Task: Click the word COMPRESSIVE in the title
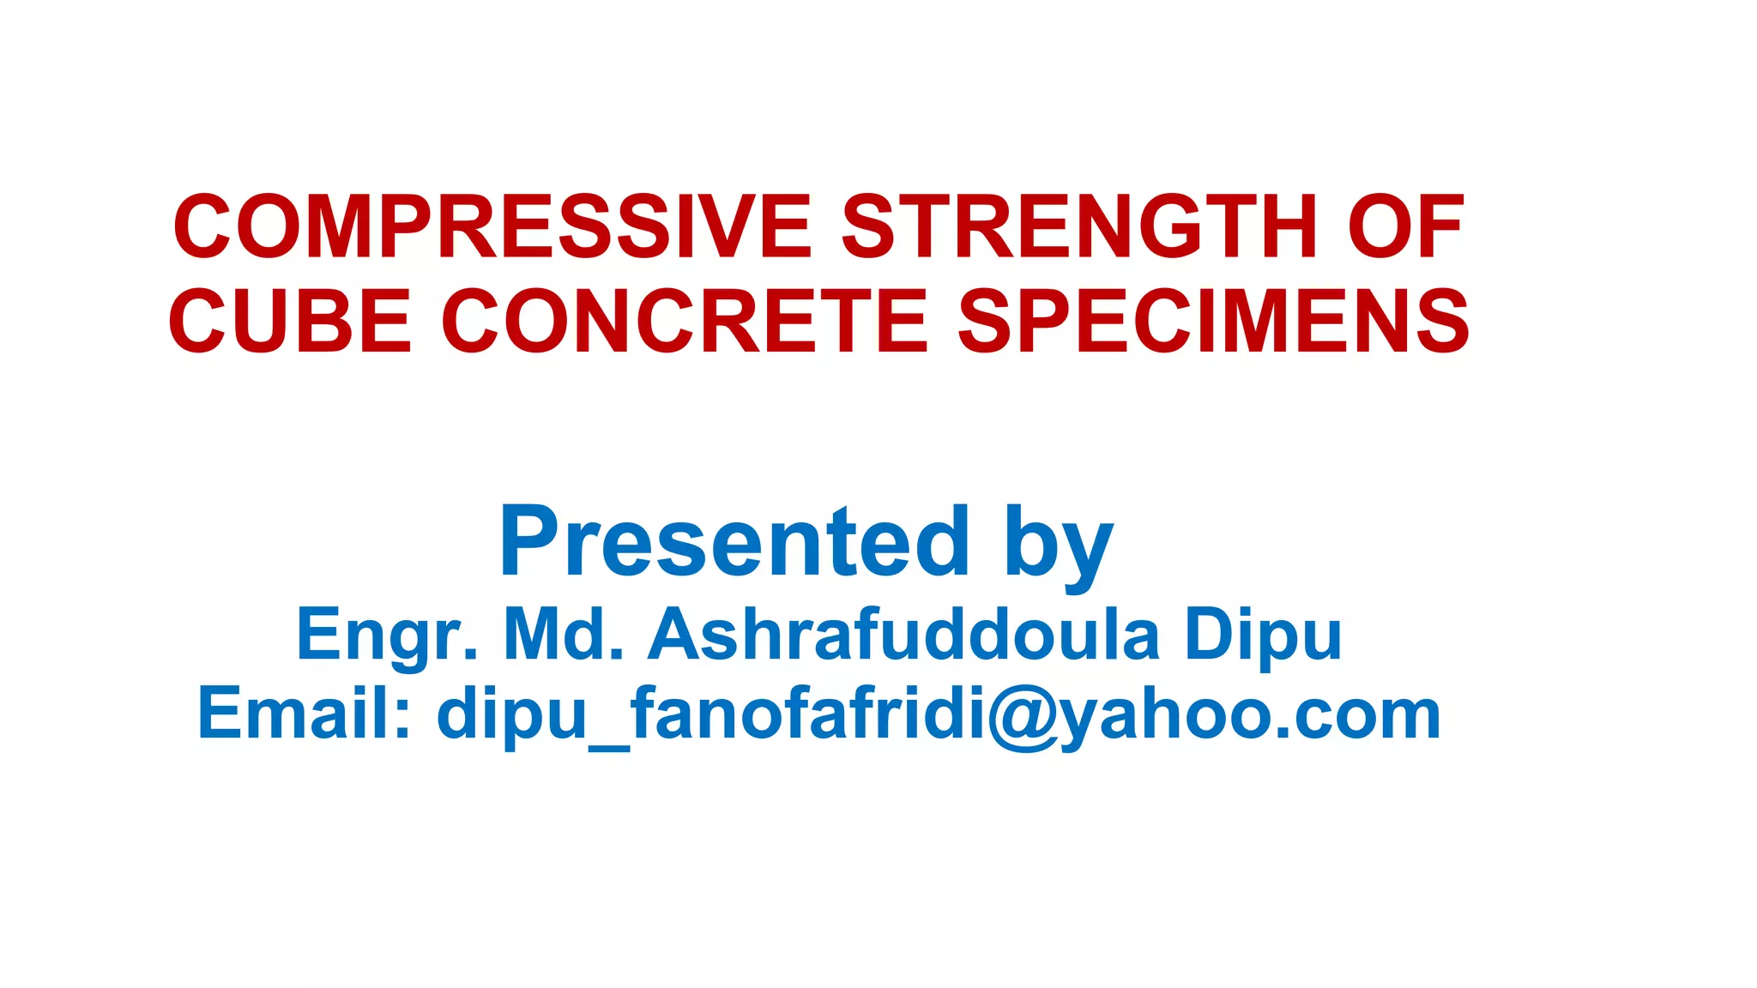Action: pos(492,227)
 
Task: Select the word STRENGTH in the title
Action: pos(1078,227)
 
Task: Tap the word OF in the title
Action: pos(1405,227)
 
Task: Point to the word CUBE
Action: pos(290,322)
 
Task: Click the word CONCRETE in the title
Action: pos(685,322)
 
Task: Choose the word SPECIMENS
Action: pos(1213,322)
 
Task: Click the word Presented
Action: pos(734,542)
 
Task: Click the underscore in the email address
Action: pos(610,746)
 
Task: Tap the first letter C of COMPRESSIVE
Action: pos(202,227)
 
